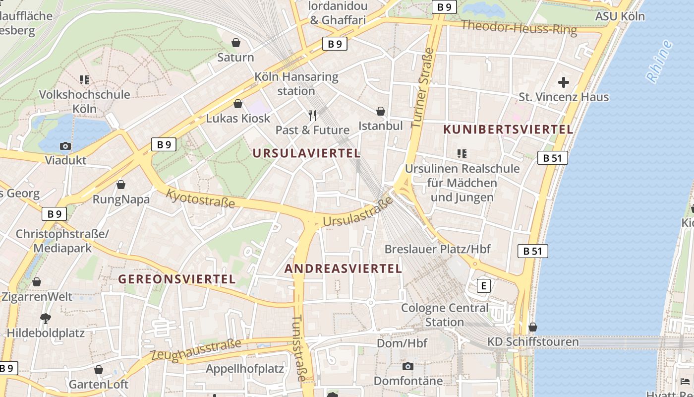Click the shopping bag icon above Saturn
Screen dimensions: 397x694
(236, 43)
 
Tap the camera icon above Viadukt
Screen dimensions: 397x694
(65, 146)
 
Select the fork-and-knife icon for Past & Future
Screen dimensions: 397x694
(312, 116)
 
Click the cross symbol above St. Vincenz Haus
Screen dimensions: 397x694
(564, 82)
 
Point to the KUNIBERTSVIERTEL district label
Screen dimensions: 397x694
(508, 130)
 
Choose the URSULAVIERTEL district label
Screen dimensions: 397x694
(307, 153)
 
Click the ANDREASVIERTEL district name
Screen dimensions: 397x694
(343, 269)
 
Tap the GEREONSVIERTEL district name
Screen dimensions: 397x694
(177, 279)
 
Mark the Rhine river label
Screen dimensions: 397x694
(659, 61)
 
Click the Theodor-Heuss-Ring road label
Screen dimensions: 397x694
(519, 28)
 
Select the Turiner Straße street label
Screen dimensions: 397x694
(423, 88)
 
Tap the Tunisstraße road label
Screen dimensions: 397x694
(298, 348)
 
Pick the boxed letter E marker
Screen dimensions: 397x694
(483, 286)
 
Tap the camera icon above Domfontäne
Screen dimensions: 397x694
(408, 367)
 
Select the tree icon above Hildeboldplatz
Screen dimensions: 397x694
(46, 318)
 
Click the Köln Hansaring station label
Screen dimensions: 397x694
(296, 84)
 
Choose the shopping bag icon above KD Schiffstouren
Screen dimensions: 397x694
(533, 328)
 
